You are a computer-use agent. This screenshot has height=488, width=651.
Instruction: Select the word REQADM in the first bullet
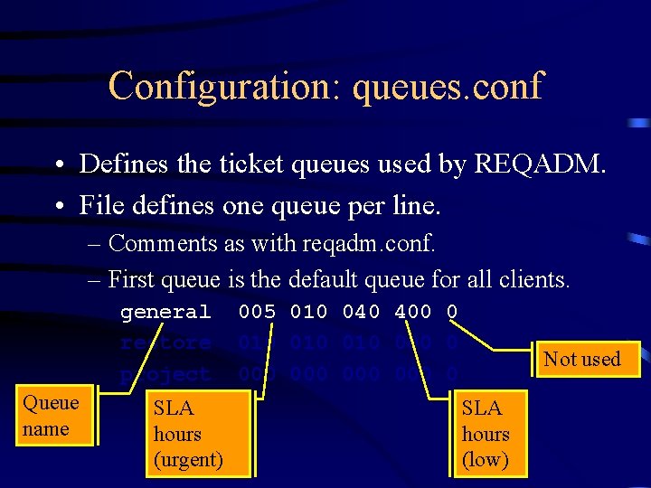(533, 164)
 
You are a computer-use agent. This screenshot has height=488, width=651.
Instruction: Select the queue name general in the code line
(165, 313)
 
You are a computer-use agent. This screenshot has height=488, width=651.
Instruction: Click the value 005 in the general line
(257, 313)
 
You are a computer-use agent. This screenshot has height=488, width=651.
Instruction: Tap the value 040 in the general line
(361, 313)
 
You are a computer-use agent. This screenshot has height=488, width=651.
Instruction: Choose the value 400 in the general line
(413, 313)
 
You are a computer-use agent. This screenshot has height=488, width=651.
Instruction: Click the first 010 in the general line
(308, 313)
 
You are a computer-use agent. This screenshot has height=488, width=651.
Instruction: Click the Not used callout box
(583, 360)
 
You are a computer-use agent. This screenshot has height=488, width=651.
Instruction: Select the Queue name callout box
(51, 417)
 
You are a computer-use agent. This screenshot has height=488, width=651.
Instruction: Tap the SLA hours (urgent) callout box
(188, 434)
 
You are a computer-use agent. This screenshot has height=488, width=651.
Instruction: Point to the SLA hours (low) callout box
(486, 434)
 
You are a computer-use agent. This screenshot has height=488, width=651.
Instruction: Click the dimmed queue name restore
(165, 343)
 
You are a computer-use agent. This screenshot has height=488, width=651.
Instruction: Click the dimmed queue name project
(165, 374)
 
